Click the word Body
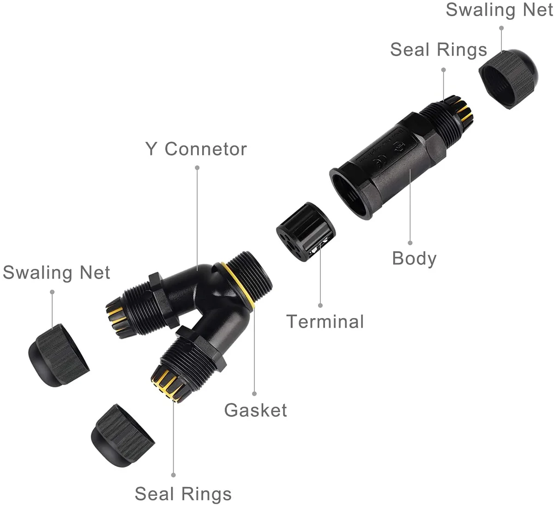[414, 259]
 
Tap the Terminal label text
[325, 321]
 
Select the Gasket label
[255, 410]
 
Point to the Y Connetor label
[196, 149]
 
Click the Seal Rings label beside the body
[439, 49]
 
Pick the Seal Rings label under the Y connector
[183, 493]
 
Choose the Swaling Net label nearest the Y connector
[56, 272]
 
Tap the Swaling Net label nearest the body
[499, 10]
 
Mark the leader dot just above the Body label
[410, 242]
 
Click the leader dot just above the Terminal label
[320, 305]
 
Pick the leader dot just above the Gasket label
[254, 394]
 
